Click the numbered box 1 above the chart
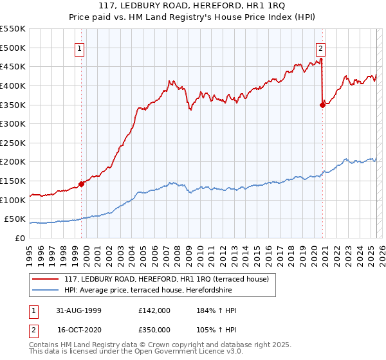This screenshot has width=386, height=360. [x=79, y=47]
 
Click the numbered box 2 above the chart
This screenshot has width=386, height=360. [x=320, y=47]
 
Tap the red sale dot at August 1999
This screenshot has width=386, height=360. [x=82, y=184]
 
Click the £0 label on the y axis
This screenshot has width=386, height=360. [x=19, y=238]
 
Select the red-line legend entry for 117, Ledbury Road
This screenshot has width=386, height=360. [x=170, y=278]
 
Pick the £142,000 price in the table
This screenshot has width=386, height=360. [x=154, y=310]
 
